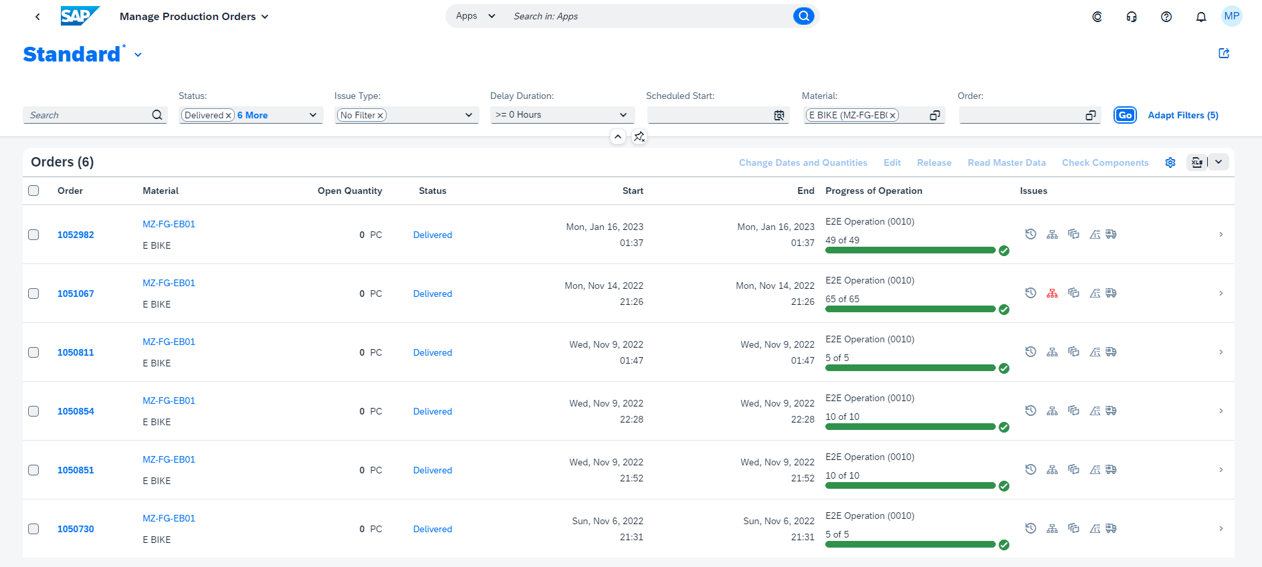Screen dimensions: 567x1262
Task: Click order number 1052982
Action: [x=76, y=235]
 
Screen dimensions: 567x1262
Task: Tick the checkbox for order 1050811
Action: [x=33, y=352]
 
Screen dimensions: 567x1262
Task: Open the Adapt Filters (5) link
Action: [x=1182, y=115]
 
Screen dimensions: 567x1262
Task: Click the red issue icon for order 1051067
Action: [x=1052, y=293]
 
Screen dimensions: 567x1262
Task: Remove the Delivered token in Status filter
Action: [x=229, y=116]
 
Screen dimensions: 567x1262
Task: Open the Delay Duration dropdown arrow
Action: [x=623, y=115]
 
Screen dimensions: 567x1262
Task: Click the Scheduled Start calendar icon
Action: [x=779, y=116]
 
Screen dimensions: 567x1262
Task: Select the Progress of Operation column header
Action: [x=873, y=191]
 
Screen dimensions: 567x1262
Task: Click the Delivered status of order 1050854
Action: [x=432, y=411]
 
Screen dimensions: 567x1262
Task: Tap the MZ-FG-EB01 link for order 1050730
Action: [x=169, y=518]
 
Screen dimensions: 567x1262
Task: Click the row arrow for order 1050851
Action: [x=1221, y=470]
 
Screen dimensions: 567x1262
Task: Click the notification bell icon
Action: [x=1200, y=17]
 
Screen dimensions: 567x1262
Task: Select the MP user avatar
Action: [x=1231, y=16]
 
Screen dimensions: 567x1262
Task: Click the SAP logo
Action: [x=79, y=16]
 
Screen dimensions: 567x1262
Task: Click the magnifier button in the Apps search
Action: [x=803, y=16]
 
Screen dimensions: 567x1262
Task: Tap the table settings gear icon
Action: [x=1170, y=162]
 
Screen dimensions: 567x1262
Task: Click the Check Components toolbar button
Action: [x=1105, y=162]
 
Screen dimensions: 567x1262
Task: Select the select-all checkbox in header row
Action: [x=33, y=191]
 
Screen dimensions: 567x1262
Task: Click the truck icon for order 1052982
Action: [x=1111, y=234]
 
